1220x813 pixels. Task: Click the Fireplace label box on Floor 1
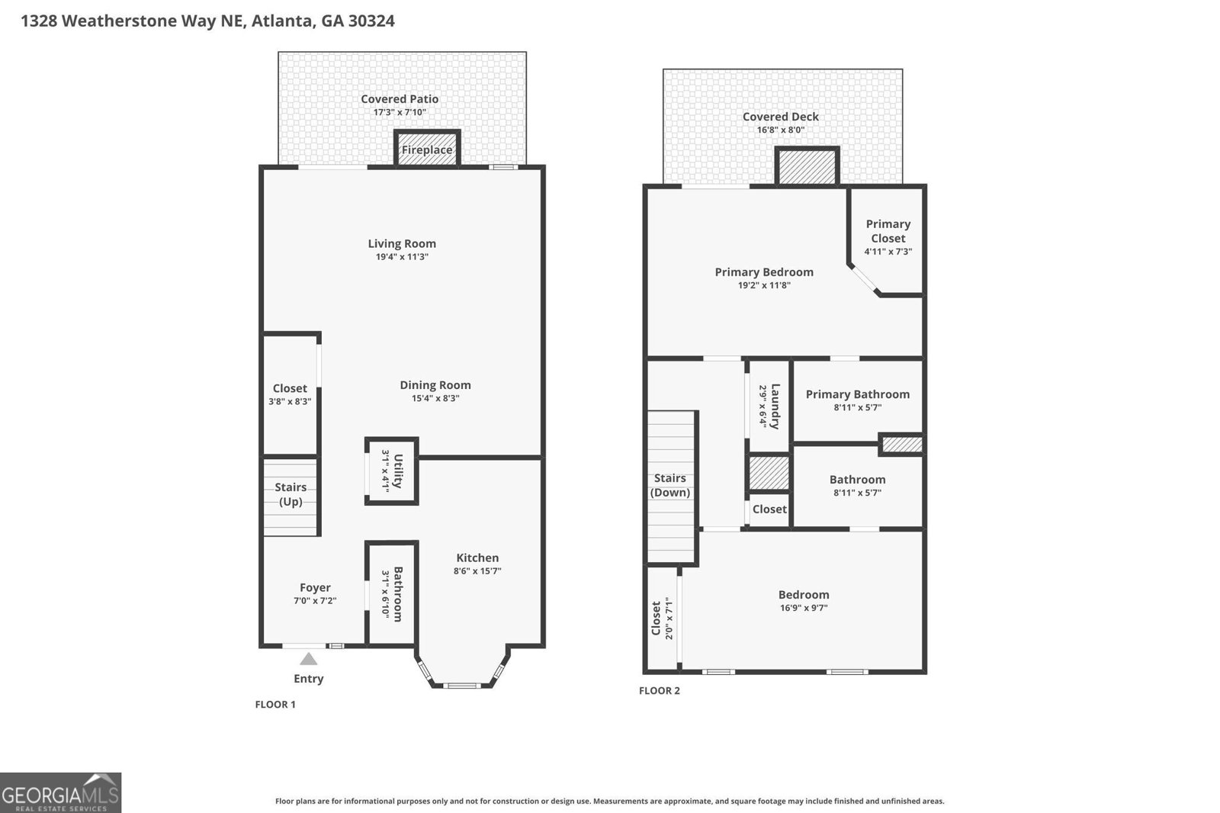(x=427, y=149)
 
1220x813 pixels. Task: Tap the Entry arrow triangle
(x=308, y=659)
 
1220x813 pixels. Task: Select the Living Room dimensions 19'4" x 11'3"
(x=402, y=257)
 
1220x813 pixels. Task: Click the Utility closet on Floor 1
(x=391, y=471)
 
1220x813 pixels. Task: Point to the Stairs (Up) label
(x=291, y=494)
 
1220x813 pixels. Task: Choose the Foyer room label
(x=315, y=587)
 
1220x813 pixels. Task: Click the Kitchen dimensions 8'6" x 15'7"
(x=477, y=571)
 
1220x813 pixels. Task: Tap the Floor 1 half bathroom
(x=390, y=593)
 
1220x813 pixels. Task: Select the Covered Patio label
(x=400, y=98)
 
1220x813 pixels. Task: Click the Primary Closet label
(x=888, y=230)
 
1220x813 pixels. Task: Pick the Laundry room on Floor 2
(x=769, y=406)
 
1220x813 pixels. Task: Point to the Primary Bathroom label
(x=858, y=394)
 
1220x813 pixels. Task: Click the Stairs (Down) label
(x=670, y=485)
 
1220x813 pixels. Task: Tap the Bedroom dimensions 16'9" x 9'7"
(x=804, y=608)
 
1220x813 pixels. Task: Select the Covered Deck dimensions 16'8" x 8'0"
(x=781, y=130)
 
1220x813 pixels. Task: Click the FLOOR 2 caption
(x=660, y=690)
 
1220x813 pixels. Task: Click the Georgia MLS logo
(x=60, y=792)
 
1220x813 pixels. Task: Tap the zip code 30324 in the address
(x=371, y=21)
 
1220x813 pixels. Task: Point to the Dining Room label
(x=435, y=385)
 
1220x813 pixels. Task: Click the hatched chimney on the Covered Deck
(x=807, y=166)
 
